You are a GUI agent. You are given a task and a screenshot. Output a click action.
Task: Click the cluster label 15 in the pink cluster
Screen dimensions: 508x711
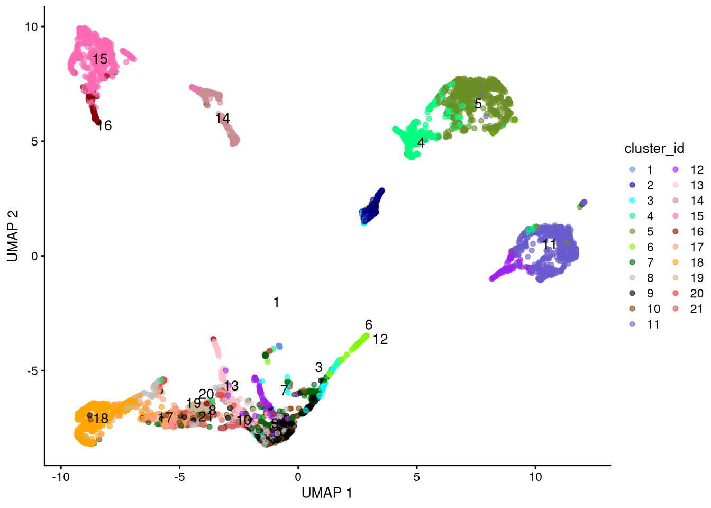[100, 59]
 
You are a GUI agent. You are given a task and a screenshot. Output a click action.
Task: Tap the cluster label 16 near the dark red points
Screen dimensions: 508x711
[104, 126]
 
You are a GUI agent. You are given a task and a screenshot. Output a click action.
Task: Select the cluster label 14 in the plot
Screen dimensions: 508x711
[223, 119]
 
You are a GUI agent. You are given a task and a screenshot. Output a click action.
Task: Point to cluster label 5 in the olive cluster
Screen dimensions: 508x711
[478, 104]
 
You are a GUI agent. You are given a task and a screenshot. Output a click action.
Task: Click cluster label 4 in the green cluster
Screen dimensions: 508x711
[421, 143]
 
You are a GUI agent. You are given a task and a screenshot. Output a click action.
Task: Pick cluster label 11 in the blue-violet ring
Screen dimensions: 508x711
[550, 244]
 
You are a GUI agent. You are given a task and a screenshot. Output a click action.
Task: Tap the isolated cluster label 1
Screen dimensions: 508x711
[276, 302]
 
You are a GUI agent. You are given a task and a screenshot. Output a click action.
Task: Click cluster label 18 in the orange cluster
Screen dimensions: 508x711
[101, 419]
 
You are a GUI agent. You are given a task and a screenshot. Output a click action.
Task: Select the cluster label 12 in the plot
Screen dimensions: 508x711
[380, 340]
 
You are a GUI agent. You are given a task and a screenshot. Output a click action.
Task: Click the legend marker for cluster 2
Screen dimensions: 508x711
[632, 185]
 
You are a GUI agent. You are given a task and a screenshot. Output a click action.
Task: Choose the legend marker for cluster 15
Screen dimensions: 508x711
[676, 216]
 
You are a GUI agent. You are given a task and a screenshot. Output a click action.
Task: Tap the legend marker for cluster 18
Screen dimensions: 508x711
[676, 262]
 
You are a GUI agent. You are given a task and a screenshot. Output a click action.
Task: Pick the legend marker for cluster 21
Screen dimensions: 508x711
[676, 309]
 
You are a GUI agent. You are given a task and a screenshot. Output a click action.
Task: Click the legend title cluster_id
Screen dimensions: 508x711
[654, 149]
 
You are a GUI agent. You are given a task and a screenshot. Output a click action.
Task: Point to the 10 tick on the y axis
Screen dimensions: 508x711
[31, 27]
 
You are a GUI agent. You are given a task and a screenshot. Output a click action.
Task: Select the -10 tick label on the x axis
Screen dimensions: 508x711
[61, 477]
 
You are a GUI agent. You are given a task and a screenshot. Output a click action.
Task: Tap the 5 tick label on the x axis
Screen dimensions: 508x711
[417, 477]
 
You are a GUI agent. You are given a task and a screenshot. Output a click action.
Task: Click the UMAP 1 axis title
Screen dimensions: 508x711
[327, 493]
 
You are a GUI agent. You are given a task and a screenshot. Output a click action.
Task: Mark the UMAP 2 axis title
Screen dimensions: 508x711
[13, 236]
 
